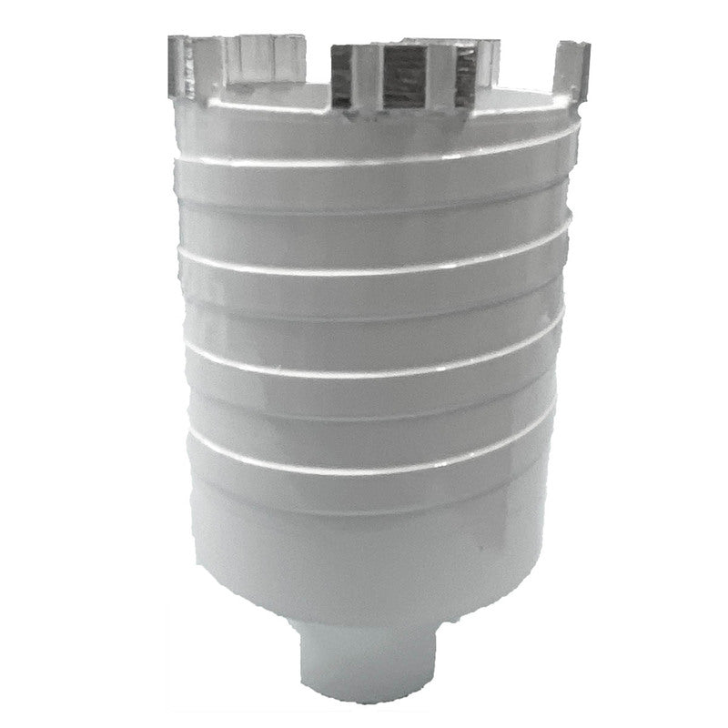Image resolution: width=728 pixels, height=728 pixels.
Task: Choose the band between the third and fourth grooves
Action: pyautogui.click(x=382, y=416)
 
